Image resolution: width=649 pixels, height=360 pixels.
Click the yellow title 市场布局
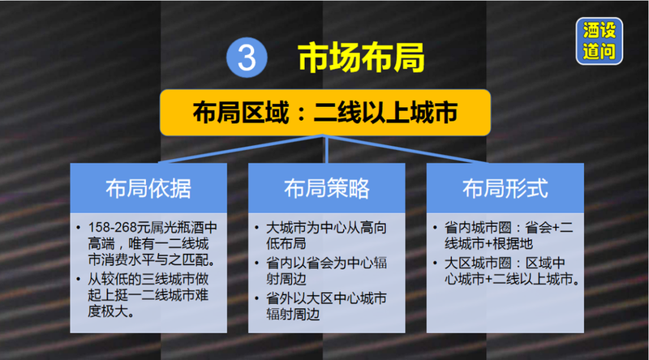[361, 58]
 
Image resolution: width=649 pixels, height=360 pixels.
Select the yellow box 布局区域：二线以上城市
[325, 112]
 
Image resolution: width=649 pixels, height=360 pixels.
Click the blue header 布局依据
[148, 188]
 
